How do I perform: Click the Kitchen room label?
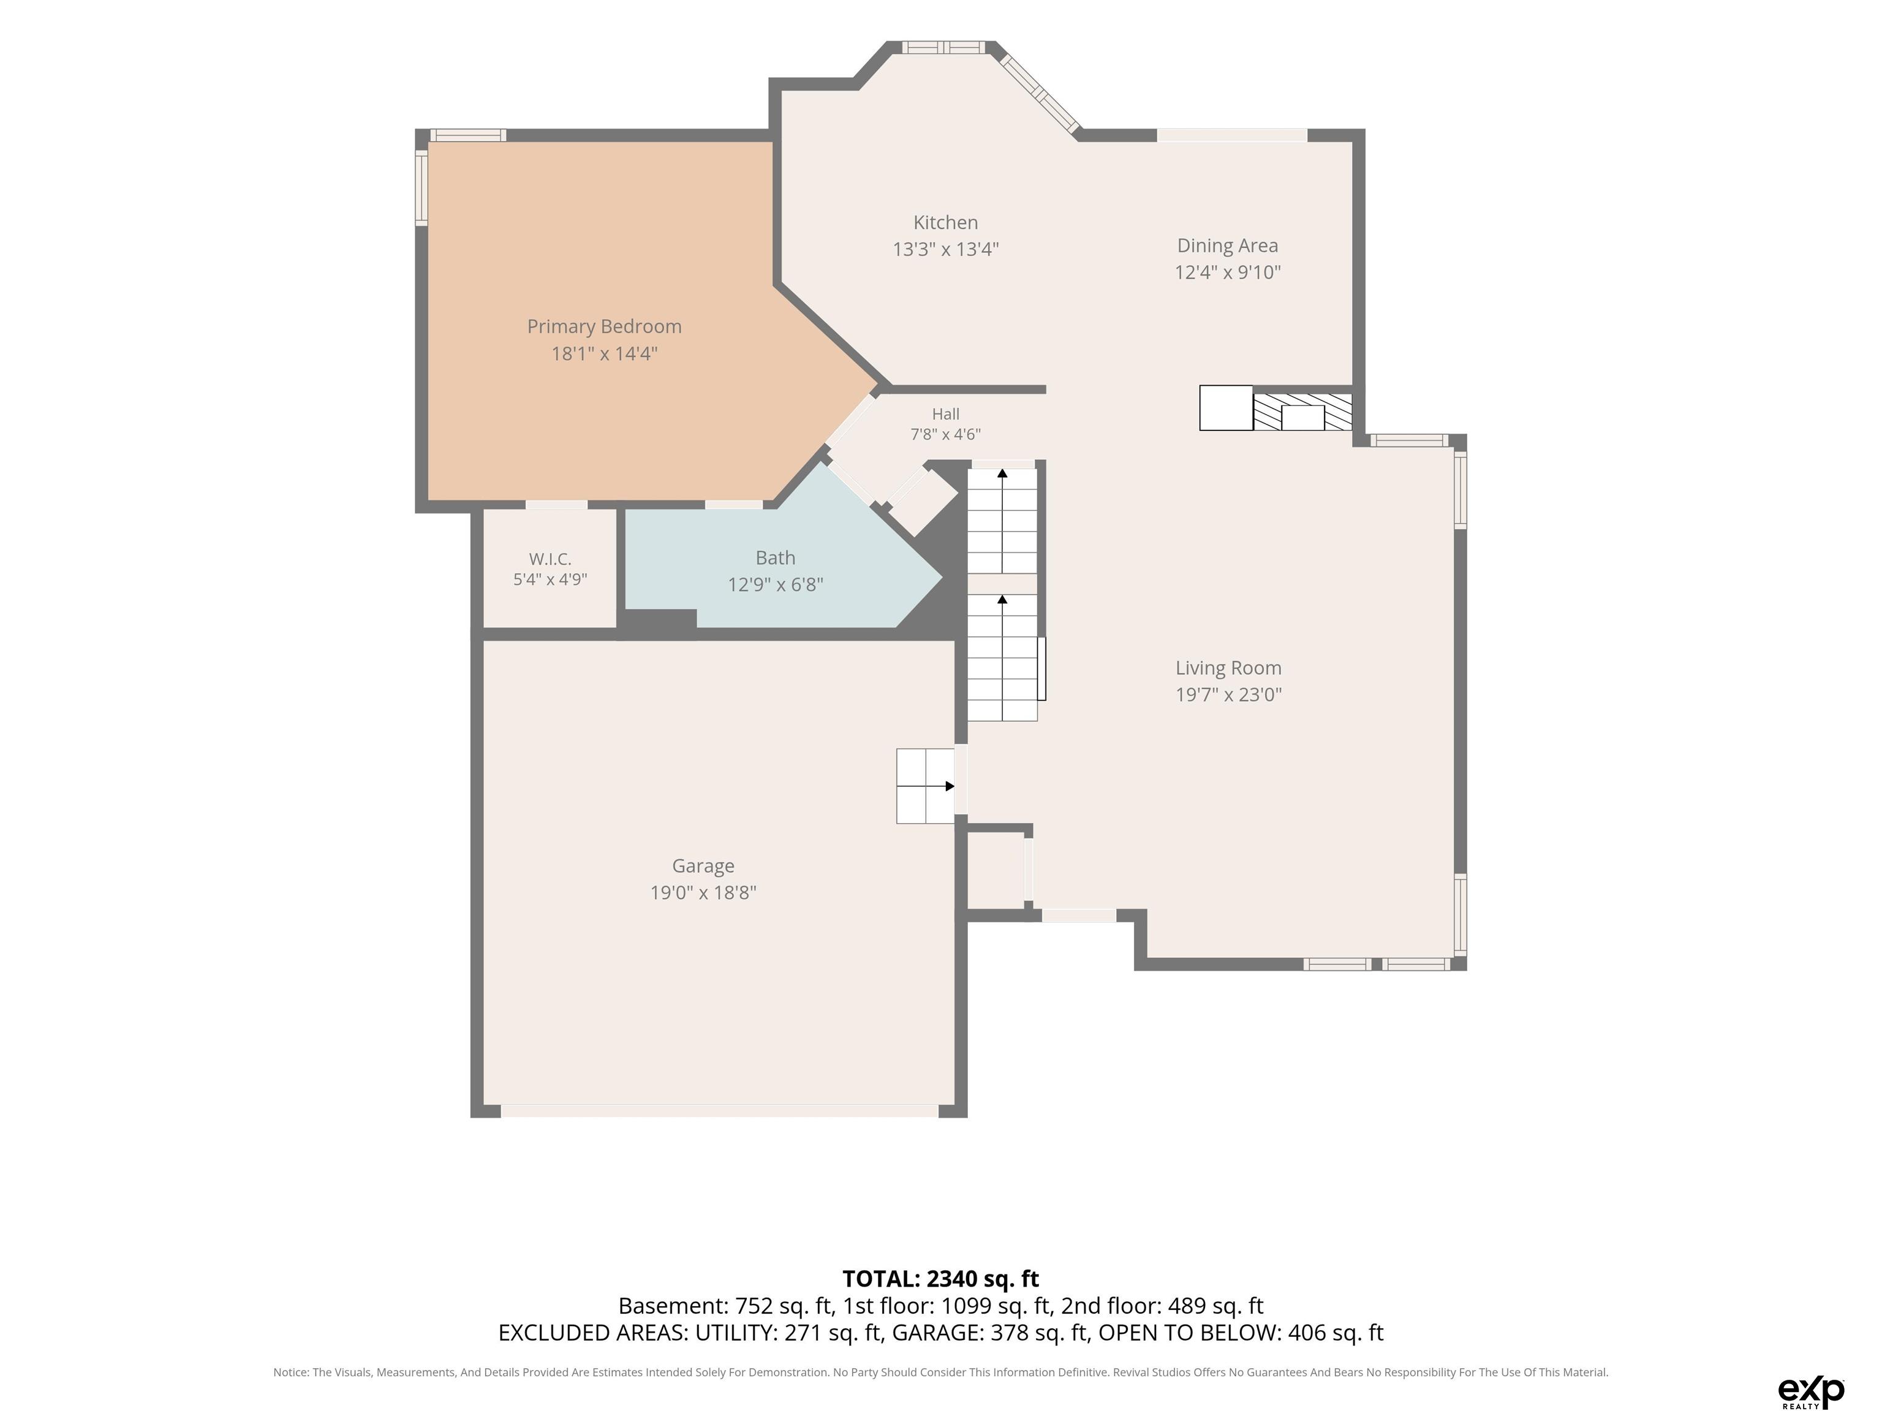pos(945,223)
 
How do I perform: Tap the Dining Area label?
pos(1227,246)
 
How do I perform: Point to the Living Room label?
pos(1228,669)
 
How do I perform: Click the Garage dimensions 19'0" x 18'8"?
pos(703,892)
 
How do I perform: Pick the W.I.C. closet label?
pos(550,559)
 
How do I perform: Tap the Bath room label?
pos(775,558)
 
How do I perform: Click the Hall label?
pos(945,414)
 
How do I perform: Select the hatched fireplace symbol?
pos(1302,412)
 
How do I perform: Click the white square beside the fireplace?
pos(1226,408)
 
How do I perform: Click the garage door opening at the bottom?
pos(720,1111)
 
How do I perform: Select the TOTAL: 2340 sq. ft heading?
pos(940,1279)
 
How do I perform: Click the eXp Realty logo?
pos(1812,1391)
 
